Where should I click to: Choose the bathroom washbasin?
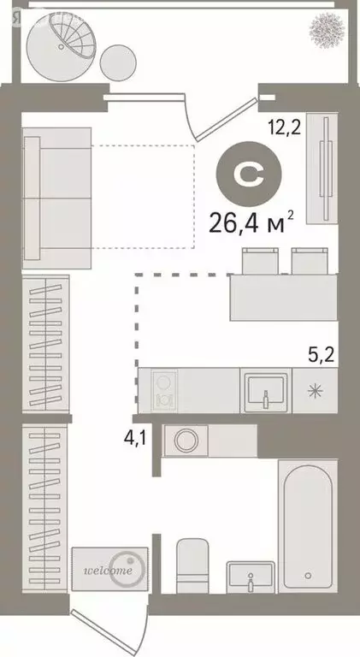point(250,576)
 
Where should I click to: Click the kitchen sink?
point(266,388)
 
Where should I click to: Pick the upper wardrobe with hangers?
point(46,346)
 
